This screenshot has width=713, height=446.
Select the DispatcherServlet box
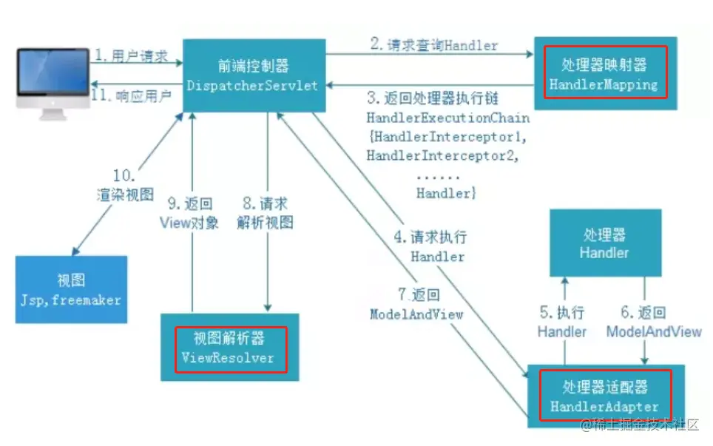click(x=252, y=76)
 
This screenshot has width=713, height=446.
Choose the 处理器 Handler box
click(x=604, y=243)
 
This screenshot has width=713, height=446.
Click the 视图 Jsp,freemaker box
click(x=71, y=289)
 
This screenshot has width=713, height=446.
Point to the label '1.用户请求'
click(x=127, y=55)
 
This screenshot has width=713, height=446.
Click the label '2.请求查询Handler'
click(x=434, y=44)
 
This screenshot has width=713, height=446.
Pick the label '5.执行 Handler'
click(x=562, y=322)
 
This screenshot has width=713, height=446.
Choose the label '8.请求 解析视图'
click(x=268, y=212)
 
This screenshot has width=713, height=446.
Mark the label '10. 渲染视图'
click(x=125, y=186)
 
